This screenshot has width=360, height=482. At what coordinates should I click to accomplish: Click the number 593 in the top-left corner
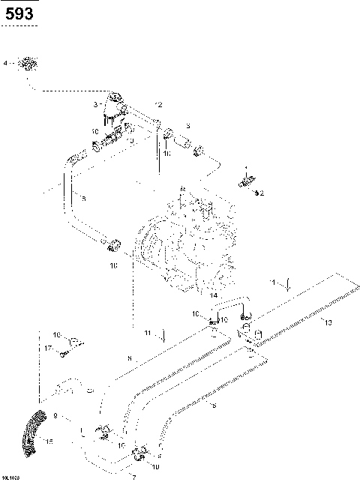(x=16, y=13)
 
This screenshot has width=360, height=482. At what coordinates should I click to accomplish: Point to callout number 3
(x=95, y=104)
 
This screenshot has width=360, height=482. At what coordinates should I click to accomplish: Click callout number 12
(x=158, y=103)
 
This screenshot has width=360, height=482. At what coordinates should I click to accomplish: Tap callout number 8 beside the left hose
(x=83, y=199)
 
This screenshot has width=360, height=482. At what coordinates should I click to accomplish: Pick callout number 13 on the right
(x=327, y=322)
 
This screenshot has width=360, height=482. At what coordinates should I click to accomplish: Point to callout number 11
(x=148, y=331)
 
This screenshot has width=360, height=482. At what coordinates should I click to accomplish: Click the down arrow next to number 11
(x=164, y=333)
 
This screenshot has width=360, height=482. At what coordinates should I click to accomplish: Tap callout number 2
(x=262, y=193)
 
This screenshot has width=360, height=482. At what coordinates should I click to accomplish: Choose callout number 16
(x=55, y=334)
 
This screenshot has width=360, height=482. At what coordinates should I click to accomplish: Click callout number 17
(x=47, y=348)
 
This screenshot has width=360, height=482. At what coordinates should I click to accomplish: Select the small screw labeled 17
(x=66, y=351)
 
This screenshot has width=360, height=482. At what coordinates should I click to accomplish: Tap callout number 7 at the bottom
(x=133, y=476)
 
